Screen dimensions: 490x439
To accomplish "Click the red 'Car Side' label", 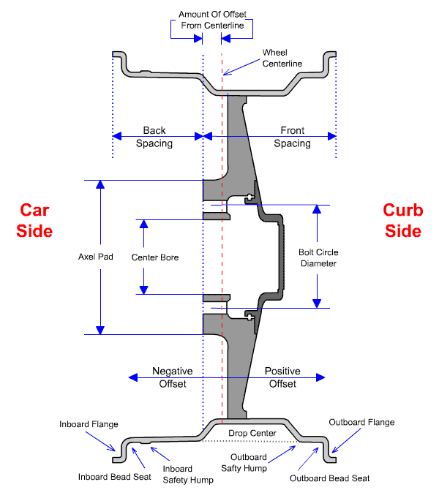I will click(x=36, y=220).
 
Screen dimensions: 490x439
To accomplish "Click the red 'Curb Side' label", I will click(x=402, y=220).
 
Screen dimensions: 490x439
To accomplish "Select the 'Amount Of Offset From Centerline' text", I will click(x=212, y=20).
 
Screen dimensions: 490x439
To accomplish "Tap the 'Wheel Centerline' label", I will click(x=282, y=59).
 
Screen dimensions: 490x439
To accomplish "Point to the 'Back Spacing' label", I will click(x=154, y=137).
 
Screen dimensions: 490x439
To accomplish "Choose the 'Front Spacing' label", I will click(x=292, y=137).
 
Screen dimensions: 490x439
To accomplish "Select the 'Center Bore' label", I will click(x=154, y=257).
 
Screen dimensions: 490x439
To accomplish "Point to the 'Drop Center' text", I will click(x=252, y=434).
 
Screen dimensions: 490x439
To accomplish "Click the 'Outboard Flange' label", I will click(x=361, y=422).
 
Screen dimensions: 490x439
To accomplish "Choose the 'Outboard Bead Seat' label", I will click(x=330, y=478).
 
